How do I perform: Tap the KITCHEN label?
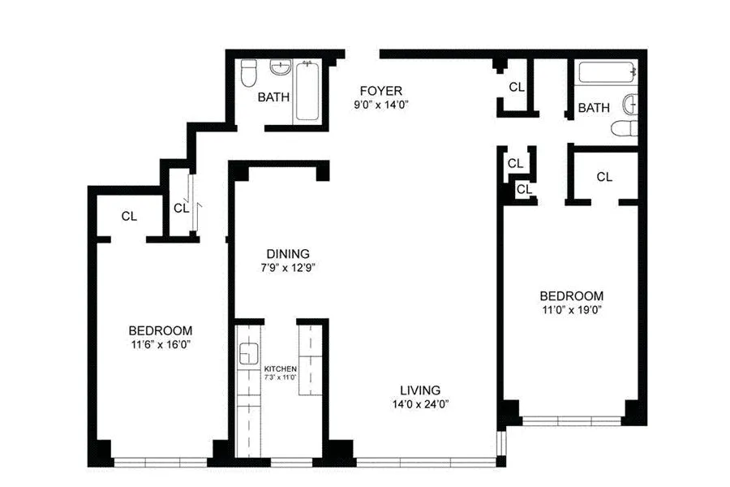tap(280, 368)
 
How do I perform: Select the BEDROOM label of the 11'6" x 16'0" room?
tap(161, 330)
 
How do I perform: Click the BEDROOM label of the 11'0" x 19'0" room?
tap(572, 295)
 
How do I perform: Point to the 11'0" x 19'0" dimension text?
tap(572, 309)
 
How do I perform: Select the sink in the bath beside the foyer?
tap(281, 68)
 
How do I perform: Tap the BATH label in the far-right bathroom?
tap(594, 108)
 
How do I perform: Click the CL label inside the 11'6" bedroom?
tap(129, 216)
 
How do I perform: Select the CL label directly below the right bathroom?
tap(604, 176)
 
